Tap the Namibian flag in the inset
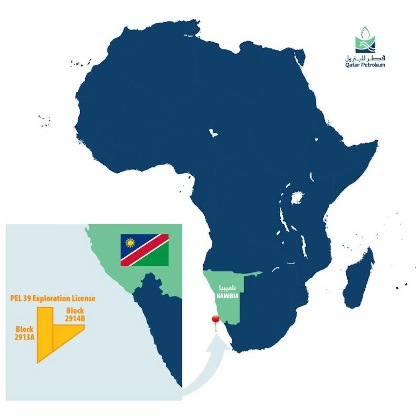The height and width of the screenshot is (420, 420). pyautogui.click(x=145, y=250)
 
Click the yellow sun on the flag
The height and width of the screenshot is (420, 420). pyautogui.click(x=130, y=243)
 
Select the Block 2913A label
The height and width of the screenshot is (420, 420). pyautogui.click(x=24, y=333)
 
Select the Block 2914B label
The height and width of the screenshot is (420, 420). pyautogui.click(x=75, y=314)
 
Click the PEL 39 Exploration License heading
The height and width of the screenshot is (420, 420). pyautogui.click(x=52, y=298)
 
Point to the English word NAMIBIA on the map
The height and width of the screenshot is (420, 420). pyautogui.click(x=227, y=296)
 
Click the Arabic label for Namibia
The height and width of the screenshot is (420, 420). pyautogui.click(x=227, y=288)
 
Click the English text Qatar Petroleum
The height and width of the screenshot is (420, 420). pyautogui.click(x=365, y=65)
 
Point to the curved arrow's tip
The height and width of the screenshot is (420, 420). pyautogui.click(x=217, y=336)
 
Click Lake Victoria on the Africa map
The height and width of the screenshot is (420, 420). pyautogui.click(x=297, y=198)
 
